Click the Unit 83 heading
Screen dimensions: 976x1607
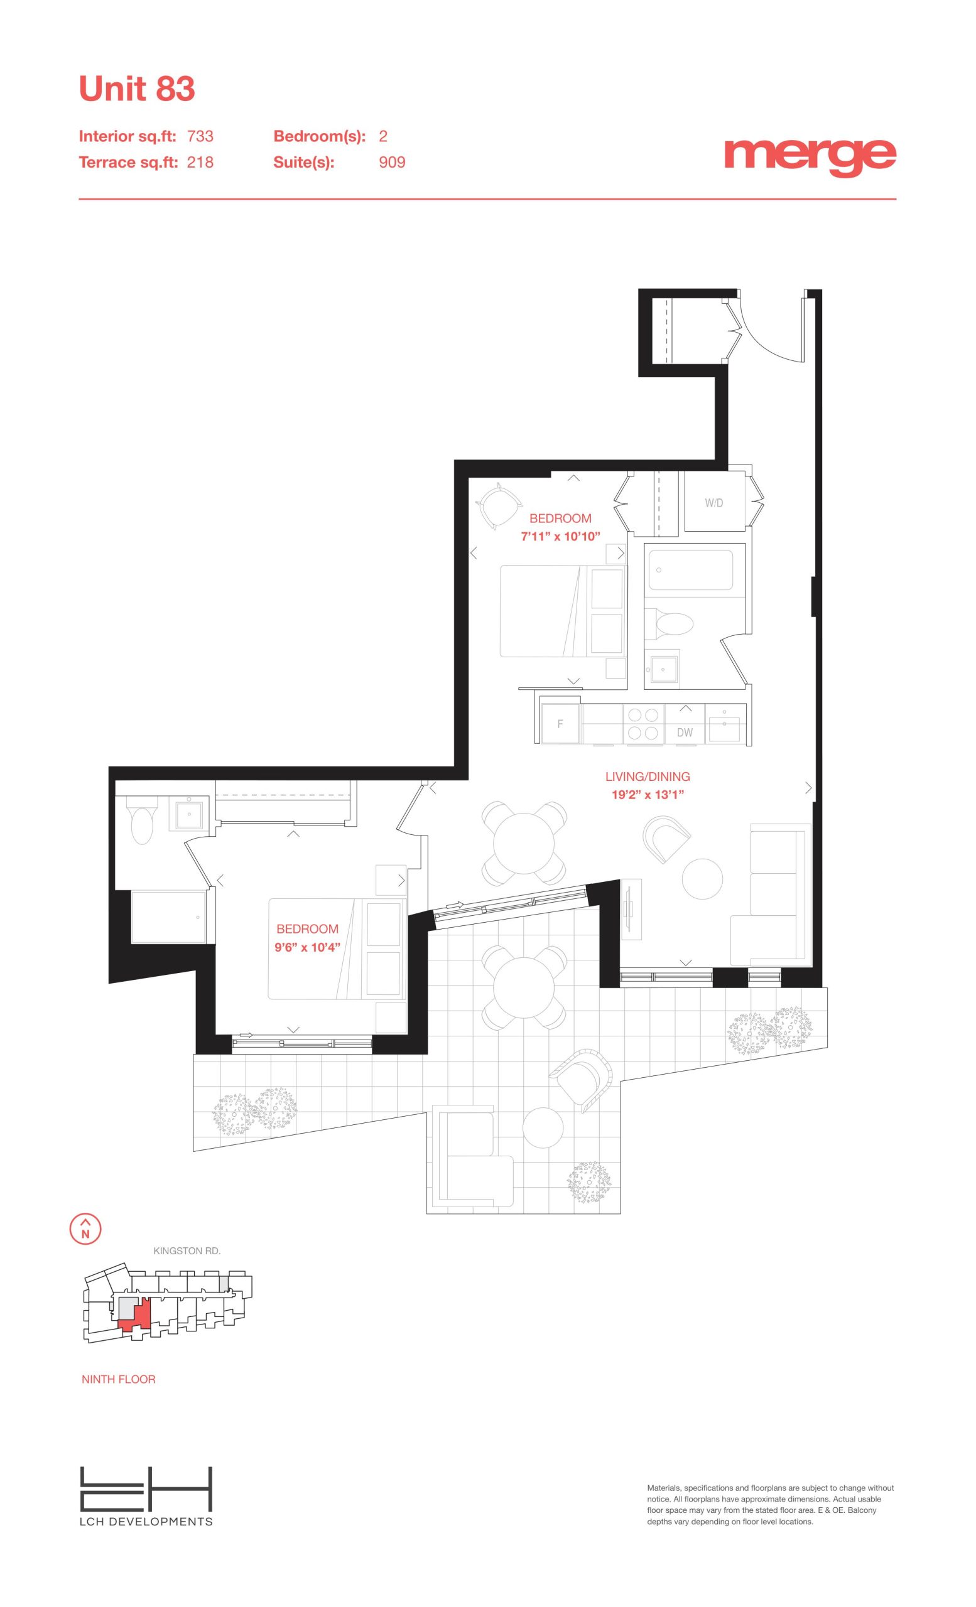[137, 89]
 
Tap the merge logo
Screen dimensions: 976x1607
[810, 157]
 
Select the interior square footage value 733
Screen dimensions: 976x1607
[200, 136]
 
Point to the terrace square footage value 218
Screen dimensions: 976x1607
[200, 163]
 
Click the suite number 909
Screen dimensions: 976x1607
[392, 163]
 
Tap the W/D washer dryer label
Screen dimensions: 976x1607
[713, 503]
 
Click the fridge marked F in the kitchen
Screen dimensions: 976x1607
[560, 724]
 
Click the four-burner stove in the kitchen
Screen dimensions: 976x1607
[643, 724]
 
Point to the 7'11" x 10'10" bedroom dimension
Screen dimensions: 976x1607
[560, 537]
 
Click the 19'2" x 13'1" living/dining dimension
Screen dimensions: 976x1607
[647, 795]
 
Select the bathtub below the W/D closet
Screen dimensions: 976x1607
[690, 570]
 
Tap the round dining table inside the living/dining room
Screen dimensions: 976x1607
[523, 842]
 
